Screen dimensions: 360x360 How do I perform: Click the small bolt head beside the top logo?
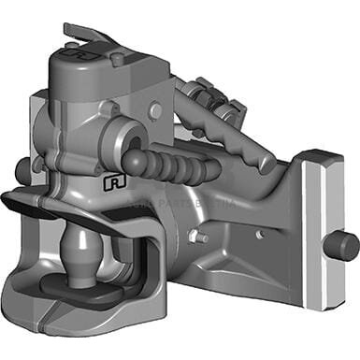(116, 59)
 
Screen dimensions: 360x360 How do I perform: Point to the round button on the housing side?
(155, 111)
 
